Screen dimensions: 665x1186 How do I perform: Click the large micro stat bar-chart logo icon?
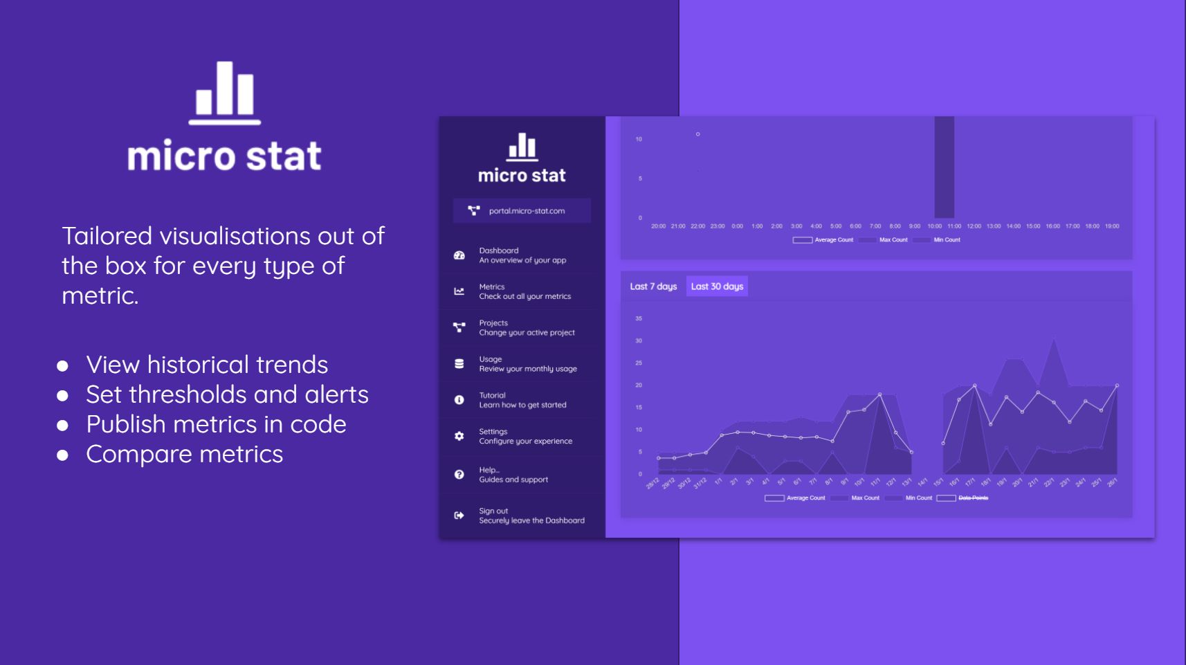pyautogui.click(x=225, y=93)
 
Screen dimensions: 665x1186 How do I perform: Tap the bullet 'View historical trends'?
pyautogui.click(x=207, y=365)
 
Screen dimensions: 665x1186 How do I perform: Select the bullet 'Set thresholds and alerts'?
pyautogui.click(x=227, y=394)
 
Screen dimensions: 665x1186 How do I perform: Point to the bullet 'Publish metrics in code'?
pyautogui.click(x=216, y=424)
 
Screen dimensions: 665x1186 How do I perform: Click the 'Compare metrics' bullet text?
pyautogui.click(x=185, y=454)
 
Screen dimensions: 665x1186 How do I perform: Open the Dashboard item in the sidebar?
pyautogui.click(x=522, y=255)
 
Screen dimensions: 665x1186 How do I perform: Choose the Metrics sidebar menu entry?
pyautogui.click(x=524, y=291)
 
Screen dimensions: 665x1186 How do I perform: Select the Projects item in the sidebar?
pyautogui.click(x=526, y=327)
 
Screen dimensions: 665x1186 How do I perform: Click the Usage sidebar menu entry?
pyautogui.click(x=527, y=364)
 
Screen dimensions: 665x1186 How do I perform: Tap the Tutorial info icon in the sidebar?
pyautogui.click(x=459, y=400)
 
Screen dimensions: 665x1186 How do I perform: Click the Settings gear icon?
pyautogui.click(x=459, y=436)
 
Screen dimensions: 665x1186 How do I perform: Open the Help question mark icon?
pyautogui.click(x=459, y=475)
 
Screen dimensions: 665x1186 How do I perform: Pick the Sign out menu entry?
pyautogui.click(x=531, y=516)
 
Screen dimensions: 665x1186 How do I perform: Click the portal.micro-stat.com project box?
pyautogui.click(x=522, y=211)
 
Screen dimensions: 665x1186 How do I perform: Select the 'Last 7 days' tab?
pyautogui.click(x=653, y=286)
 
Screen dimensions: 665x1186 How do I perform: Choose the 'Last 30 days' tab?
pyautogui.click(x=717, y=286)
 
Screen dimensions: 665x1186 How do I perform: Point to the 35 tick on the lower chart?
pyautogui.click(x=639, y=318)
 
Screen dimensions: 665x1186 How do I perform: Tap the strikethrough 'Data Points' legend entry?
pyautogui.click(x=973, y=498)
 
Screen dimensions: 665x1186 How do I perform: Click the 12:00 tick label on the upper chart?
pyautogui.click(x=974, y=226)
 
